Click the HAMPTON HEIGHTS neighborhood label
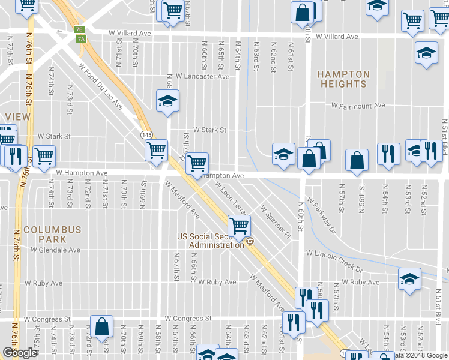[x=343, y=79]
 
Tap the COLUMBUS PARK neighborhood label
[x=52, y=235]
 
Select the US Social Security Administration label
[x=211, y=241]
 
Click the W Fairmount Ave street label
[x=358, y=106]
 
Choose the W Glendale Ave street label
[x=52, y=250]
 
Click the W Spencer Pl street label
[x=275, y=220]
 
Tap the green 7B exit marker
[x=79, y=29]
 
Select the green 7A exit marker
[x=82, y=39]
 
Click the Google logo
[x=19, y=352]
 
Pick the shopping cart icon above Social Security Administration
[x=239, y=226]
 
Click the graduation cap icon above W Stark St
[x=168, y=100]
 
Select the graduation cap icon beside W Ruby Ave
[x=409, y=279]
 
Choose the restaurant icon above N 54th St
[x=389, y=153]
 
